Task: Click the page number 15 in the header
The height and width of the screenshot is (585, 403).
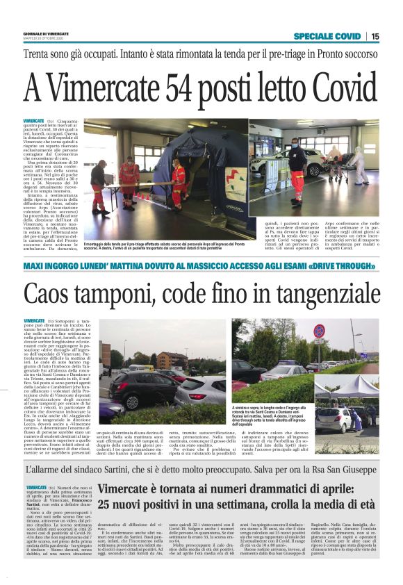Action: tap(375, 36)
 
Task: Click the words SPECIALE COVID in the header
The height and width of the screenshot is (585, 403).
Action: tap(327, 36)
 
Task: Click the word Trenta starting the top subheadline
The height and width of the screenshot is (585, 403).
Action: tap(39, 53)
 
